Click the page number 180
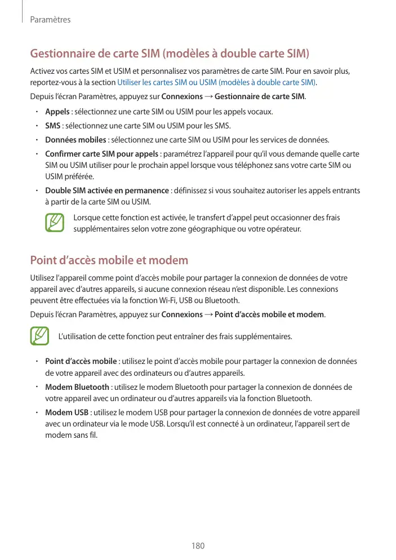pyautogui.click(x=198, y=546)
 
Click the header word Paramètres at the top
pyautogui.click(x=50, y=20)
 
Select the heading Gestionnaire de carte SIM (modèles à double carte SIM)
pyautogui.click(x=170, y=54)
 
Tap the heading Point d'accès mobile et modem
pyautogui.click(x=109, y=260)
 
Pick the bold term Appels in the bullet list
pyautogui.click(x=57, y=112)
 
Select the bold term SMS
pyautogui.click(x=53, y=126)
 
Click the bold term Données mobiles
pyautogui.click(x=75, y=140)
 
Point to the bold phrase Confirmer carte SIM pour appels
pyautogui.click(x=101, y=154)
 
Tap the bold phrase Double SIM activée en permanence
pyautogui.click(x=107, y=190)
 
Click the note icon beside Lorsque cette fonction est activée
pyautogui.click(x=55, y=223)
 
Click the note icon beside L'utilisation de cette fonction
pyautogui.click(x=39, y=337)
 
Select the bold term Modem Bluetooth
pyautogui.click(x=77, y=387)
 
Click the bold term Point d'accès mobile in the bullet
pyautogui.click(x=81, y=361)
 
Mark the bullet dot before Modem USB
pyautogui.click(x=35, y=412)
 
